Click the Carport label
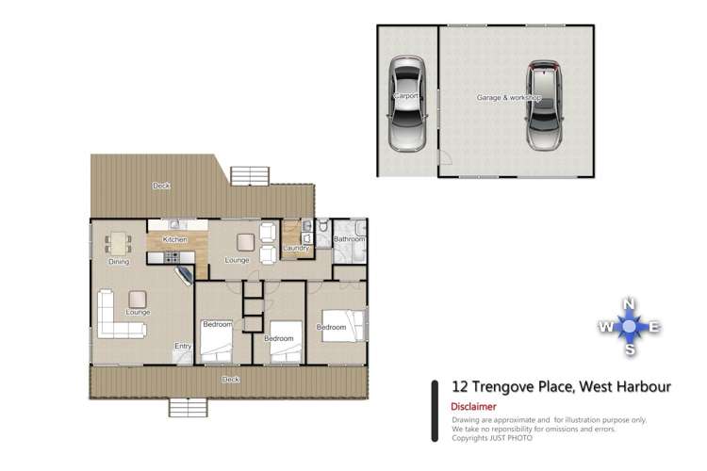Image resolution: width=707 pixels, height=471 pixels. tap(405, 96)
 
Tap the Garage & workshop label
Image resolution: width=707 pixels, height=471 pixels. tap(508, 98)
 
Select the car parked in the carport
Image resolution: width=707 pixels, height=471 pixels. tap(407, 104)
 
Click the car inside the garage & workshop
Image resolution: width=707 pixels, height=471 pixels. tap(542, 106)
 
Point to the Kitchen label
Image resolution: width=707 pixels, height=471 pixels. tap(175, 240)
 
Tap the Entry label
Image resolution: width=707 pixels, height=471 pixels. tap(182, 346)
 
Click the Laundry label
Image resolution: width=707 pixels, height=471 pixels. tap(296, 248)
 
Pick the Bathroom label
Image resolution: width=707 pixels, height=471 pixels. tap(349, 240)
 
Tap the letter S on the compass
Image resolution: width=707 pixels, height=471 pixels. tap(630, 350)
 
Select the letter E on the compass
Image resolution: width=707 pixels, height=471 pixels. tap(655, 327)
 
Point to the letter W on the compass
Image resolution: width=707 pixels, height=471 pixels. tap(604, 327)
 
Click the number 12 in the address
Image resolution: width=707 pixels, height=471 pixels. tap(461, 386)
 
